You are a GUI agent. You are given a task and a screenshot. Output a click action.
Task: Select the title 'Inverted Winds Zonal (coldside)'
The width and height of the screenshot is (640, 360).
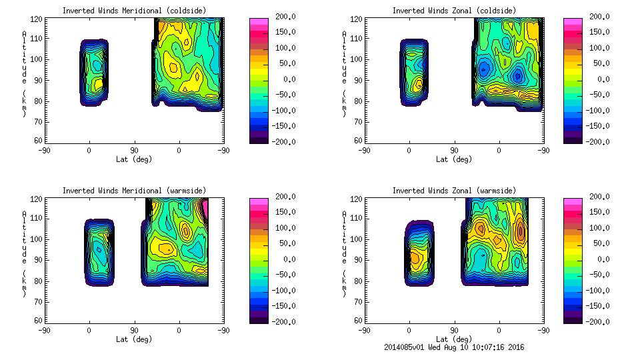click(x=453, y=10)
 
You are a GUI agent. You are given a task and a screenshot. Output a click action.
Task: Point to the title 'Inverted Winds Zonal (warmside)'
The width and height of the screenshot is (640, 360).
click(x=453, y=190)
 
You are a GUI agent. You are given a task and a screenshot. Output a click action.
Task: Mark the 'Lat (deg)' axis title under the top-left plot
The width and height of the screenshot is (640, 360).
click(x=135, y=159)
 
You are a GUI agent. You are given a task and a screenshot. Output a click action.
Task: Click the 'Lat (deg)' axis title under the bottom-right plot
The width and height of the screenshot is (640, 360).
click(x=453, y=339)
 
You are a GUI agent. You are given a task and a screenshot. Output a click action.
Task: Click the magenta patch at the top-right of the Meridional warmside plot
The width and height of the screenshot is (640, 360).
click(x=205, y=208)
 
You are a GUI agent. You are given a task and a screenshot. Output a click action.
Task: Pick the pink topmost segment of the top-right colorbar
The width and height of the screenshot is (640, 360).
click(x=572, y=21)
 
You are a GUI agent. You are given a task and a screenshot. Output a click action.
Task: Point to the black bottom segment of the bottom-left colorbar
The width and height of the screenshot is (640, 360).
click(x=258, y=321)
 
